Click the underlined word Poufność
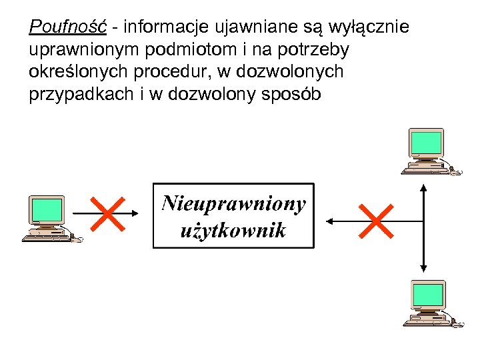click(x=68, y=28)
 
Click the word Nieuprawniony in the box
click(x=233, y=203)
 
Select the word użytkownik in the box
click(x=233, y=231)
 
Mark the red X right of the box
click(x=375, y=220)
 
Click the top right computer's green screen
click(x=426, y=142)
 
